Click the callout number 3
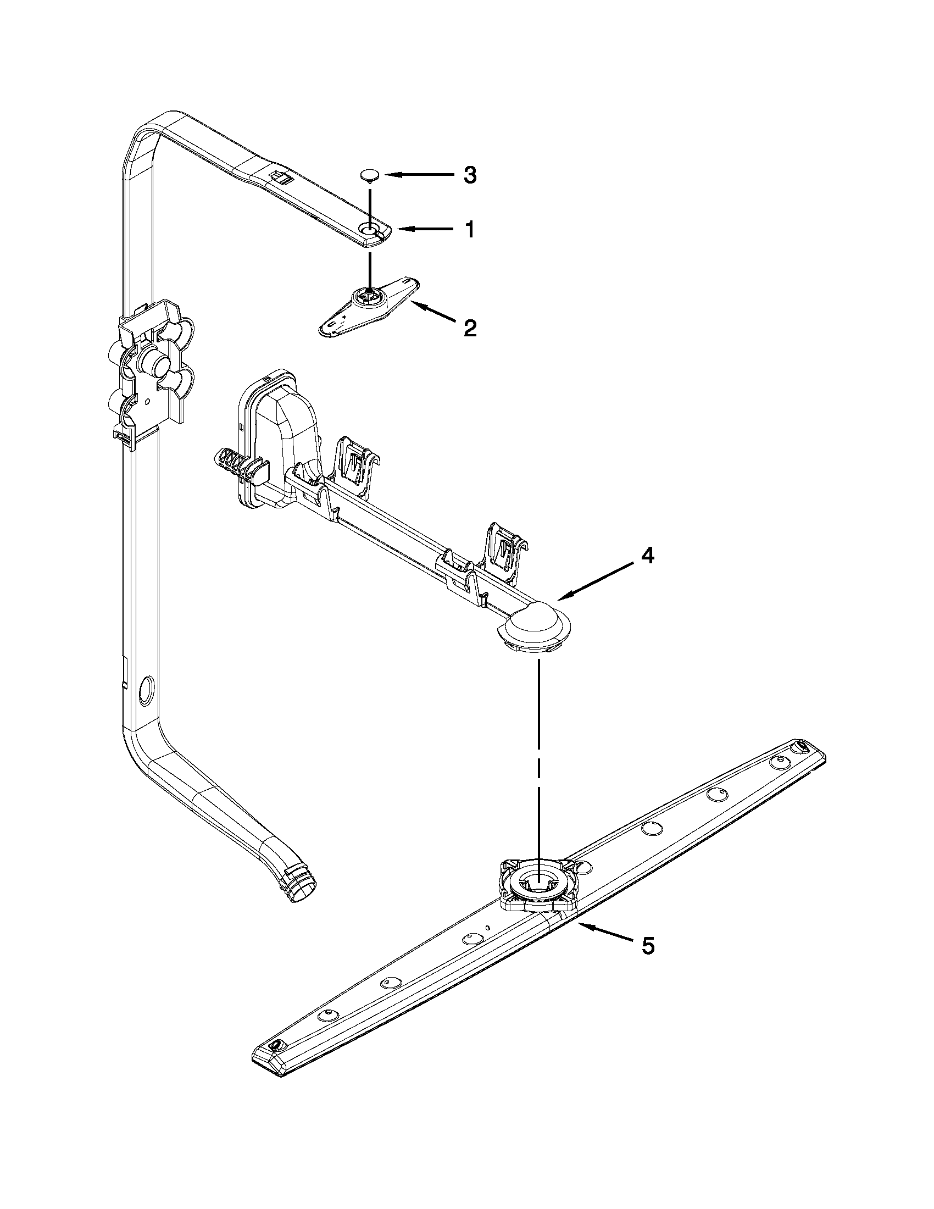[469, 175]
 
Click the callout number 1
[469, 229]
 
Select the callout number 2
[469, 328]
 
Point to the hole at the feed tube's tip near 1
[369, 229]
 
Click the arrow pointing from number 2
[432, 312]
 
